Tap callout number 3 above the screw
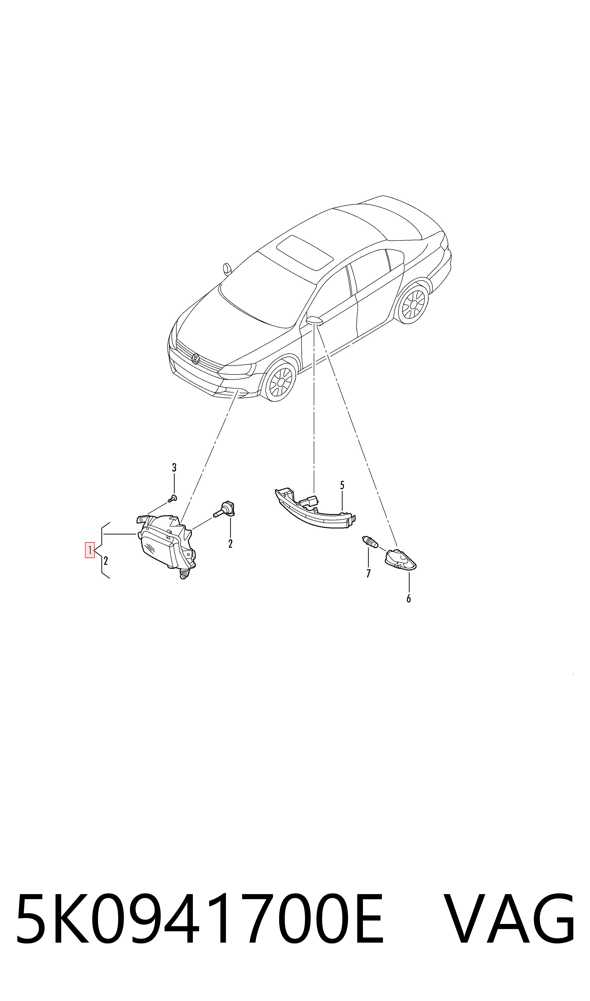(x=174, y=467)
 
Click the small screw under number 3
(x=172, y=498)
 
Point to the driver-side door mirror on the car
(x=315, y=320)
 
